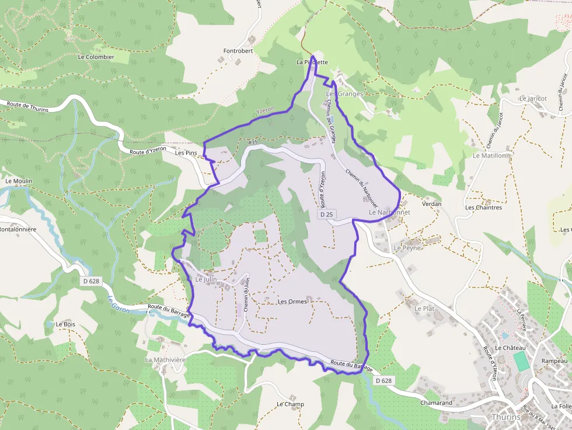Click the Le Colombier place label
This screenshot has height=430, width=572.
[96, 57]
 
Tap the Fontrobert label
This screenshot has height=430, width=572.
[238, 51]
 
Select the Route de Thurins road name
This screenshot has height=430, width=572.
[27, 106]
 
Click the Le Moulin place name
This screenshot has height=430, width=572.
[19, 181]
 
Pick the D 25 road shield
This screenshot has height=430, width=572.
[327, 215]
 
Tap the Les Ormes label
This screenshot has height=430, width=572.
[292, 302]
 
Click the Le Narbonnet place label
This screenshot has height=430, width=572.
[389, 212]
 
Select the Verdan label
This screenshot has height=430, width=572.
[431, 204]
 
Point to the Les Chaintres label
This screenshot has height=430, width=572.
[483, 207]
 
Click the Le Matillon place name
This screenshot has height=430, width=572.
[491, 156]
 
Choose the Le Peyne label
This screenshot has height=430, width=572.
[407, 248]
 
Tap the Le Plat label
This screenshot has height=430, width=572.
[424, 307]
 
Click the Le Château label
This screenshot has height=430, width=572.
[511, 348]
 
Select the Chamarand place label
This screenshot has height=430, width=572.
[436, 403]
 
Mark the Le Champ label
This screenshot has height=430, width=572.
[290, 404]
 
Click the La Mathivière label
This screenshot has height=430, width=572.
[165, 360]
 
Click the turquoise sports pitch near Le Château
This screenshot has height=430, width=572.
[521, 361]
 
